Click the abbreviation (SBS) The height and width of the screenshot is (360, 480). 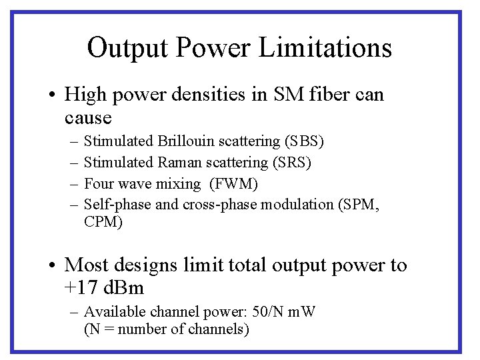tap(304, 141)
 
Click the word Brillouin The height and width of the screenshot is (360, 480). tap(187, 141)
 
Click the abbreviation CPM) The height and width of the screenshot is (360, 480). tap(103, 222)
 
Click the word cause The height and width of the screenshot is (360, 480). tap(88, 118)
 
